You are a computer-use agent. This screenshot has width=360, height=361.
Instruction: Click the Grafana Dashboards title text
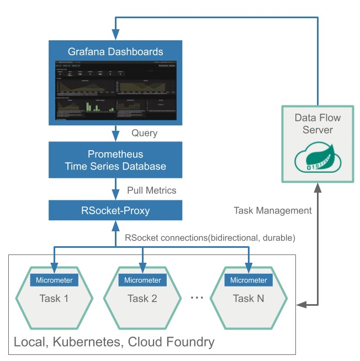pyautogui.click(x=115, y=52)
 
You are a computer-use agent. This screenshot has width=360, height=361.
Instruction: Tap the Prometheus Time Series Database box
pyautogui.click(x=115, y=160)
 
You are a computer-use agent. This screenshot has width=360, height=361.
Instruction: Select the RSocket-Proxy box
pyautogui.click(x=115, y=210)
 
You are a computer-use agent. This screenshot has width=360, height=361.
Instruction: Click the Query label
pyautogui.click(x=144, y=133)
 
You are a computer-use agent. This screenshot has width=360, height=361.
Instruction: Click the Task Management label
pyautogui.click(x=273, y=210)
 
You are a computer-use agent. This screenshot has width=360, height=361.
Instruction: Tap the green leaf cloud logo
pyautogui.click(x=317, y=158)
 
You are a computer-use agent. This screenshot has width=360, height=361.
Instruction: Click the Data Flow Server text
pyautogui.click(x=317, y=124)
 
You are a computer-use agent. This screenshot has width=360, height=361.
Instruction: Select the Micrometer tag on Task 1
pyautogui.click(x=54, y=280)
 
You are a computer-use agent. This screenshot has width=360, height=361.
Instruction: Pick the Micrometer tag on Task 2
pyautogui.click(x=142, y=280)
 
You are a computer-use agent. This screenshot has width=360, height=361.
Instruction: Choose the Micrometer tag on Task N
pyautogui.click(x=248, y=280)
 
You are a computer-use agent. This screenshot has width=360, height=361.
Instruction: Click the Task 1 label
pyautogui.click(x=54, y=299)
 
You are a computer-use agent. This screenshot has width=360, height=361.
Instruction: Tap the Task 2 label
pyautogui.click(x=142, y=299)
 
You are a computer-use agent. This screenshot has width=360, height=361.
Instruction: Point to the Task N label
pyautogui.click(x=248, y=299)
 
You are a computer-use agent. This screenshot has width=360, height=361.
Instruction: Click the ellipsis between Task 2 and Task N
pyautogui.click(x=197, y=298)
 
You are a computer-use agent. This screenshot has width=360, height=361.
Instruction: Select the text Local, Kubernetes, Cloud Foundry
pyautogui.click(x=114, y=342)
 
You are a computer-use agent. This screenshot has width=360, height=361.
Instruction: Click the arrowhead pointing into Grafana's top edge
pyautogui.click(x=115, y=34)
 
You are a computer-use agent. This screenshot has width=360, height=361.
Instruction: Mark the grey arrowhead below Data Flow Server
pyautogui.click(x=317, y=188)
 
